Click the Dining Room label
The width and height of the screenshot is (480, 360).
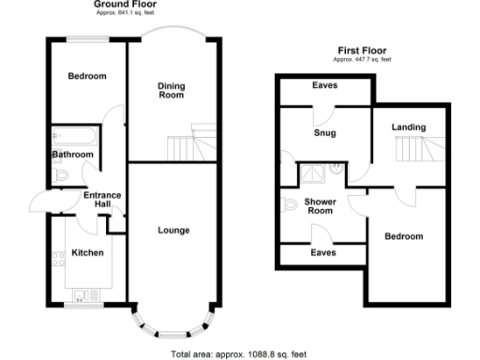click(171, 91)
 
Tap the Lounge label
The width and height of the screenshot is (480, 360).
click(173, 230)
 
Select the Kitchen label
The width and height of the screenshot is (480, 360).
click(86, 252)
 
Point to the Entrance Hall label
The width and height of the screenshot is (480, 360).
click(102, 200)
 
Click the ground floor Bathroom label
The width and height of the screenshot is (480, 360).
click(72, 155)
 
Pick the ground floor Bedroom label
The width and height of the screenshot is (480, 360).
click(85, 76)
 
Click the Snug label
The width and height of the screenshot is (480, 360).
click(324, 133)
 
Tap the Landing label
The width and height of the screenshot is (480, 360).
click(409, 127)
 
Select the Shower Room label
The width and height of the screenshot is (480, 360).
click(320, 205)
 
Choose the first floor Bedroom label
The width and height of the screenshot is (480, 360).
click(404, 236)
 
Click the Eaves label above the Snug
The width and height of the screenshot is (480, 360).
click(324, 86)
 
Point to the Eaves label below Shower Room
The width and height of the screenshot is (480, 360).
click(324, 252)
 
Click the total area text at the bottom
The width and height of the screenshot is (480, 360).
click(239, 354)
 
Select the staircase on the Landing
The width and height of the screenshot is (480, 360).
click(412, 147)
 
